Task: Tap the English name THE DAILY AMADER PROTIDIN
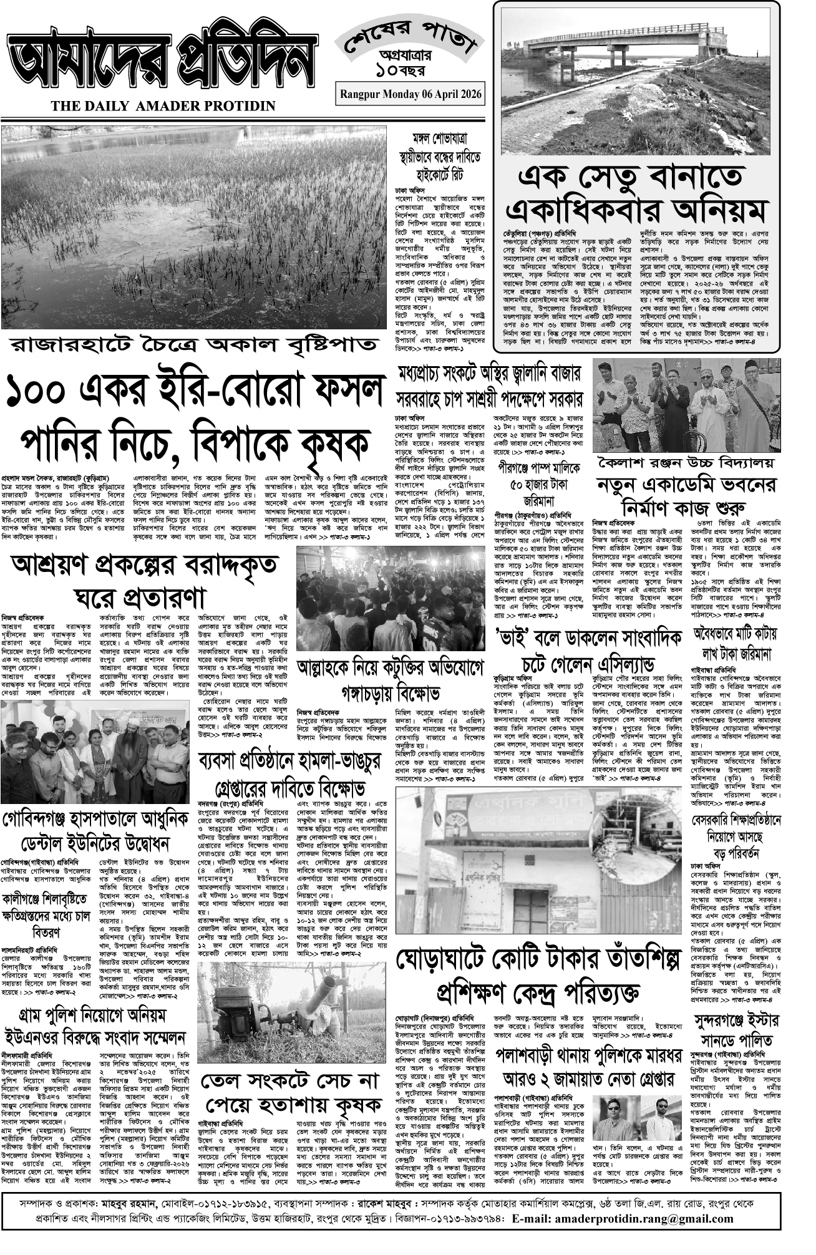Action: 163,106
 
